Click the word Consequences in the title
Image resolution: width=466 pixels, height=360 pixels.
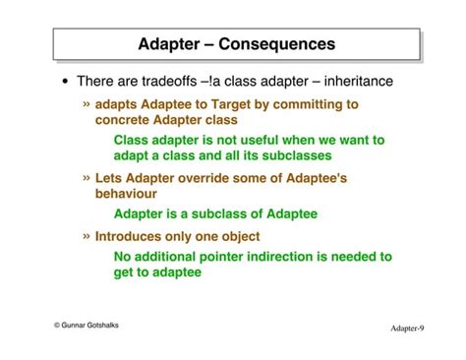click(x=277, y=44)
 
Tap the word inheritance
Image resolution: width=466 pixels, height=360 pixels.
click(x=352, y=82)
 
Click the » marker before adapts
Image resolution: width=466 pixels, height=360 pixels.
click(x=87, y=103)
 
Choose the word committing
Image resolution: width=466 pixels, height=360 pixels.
click(x=305, y=104)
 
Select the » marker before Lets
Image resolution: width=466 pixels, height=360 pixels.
click(x=87, y=177)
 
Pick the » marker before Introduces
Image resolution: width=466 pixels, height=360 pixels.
click(x=87, y=235)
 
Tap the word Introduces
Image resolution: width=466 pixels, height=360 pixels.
click(x=133, y=236)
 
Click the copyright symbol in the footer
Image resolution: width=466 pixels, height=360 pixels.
click(x=57, y=325)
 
